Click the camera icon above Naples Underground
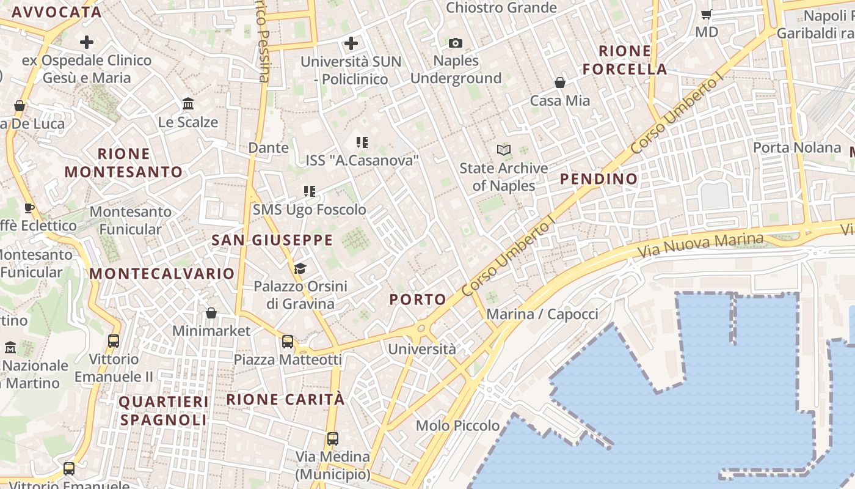click(x=456, y=43)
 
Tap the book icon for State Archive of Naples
click(x=504, y=150)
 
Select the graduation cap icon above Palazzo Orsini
click(x=300, y=268)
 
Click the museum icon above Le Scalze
click(x=188, y=104)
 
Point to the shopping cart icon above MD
click(x=707, y=13)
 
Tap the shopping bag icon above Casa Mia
click(x=560, y=82)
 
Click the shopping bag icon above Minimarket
click(x=211, y=313)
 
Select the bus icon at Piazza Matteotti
click(x=288, y=341)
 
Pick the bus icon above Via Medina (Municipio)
click(x=333, y=438)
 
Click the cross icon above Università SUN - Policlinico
click(x=351, y=43)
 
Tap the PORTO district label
click(x=418, y=300)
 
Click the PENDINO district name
click(x=598, y=179)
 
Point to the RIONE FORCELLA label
click(x=624, y=60)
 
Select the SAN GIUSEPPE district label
click(x=272, y=240)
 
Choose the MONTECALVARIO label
click(x=162, y=274)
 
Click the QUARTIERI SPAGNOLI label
click(x=164, y=411)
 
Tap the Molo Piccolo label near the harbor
click(x=457, y=425)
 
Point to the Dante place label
click(x=268, y=148)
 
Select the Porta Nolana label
click(x=796, y=147)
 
